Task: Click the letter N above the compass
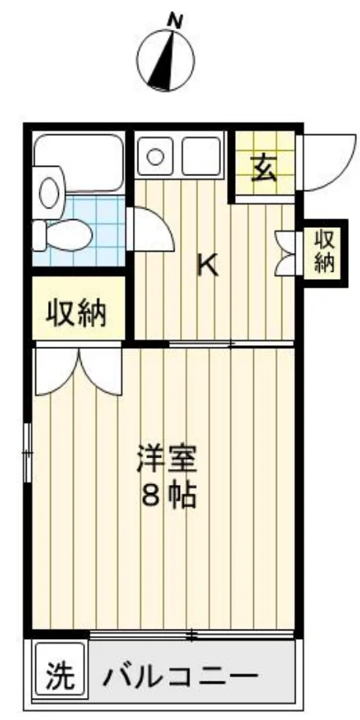point(175,20)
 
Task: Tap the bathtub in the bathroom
point(79,163)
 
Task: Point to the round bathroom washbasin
point(50,193)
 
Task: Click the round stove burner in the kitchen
point(155,156)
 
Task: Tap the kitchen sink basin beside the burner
point(200,156)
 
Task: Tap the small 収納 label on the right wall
point(325,252)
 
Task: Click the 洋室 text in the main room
point(167,458)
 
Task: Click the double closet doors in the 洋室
point(79,372)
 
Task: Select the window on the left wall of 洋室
point(28,452)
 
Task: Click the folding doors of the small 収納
point(286,253)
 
